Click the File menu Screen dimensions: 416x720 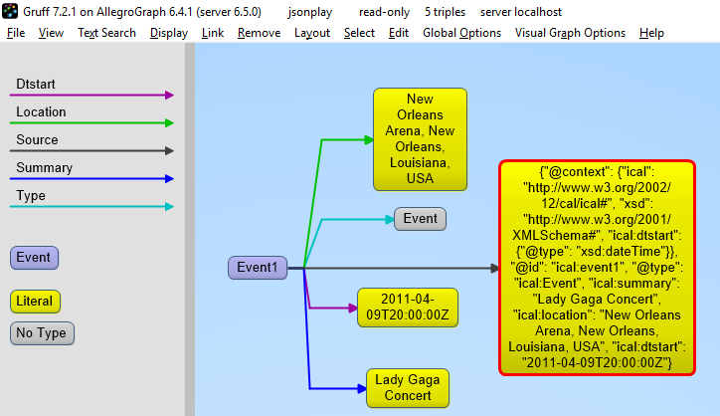point(16,33)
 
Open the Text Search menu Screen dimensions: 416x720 point(106,33)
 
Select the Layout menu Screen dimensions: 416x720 point(311,33)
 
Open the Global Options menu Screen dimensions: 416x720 point(461,33)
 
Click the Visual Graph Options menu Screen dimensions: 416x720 point(570,33)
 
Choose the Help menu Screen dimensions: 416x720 point(651,33)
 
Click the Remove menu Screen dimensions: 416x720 point(259,33)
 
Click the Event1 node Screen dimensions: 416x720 point(258,267)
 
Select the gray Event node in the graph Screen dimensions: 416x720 point(420,219)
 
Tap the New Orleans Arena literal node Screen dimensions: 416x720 point(419,137)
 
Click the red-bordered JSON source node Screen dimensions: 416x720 point(597,269)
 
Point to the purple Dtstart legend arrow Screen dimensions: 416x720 point(93,96)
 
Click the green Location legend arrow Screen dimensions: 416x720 point(93,123)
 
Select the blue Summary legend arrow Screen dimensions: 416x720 point(93,179)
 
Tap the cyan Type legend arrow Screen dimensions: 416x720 point(93,207)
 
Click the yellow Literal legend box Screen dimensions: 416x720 point(34,301)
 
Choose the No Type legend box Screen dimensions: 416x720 point(42,333)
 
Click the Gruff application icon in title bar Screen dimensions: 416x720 point(11,12)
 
